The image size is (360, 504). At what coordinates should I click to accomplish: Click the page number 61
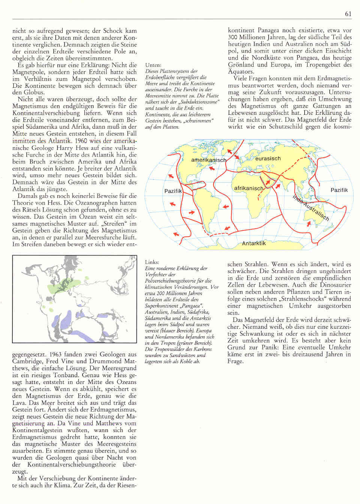pyautogui.click(x=348, y=14)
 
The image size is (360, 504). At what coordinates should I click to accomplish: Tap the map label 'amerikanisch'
pyautogui.click(x=208, y=160)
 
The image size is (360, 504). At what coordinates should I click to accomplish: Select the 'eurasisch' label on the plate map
pyautogui.click(x=268, y=158)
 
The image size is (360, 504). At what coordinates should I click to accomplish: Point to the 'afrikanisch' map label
pyautogui.click(x=249, y=188)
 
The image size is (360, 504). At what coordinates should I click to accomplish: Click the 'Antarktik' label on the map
pyautogui.click(x=254, y=243)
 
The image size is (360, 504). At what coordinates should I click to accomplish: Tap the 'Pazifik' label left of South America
pyautogui.click(x=173, y=191)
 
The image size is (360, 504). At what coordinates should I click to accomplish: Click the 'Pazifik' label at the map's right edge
pyautogui.click(x=339, y=190)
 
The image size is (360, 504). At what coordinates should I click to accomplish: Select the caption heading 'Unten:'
pyautogui.click(x=153, y=65)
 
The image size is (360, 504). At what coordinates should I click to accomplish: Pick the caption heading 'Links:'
pyautogui.click(x=152, y=262)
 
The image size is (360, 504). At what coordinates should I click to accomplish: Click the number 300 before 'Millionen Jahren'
pyautogui.click(x=233, y=37)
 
